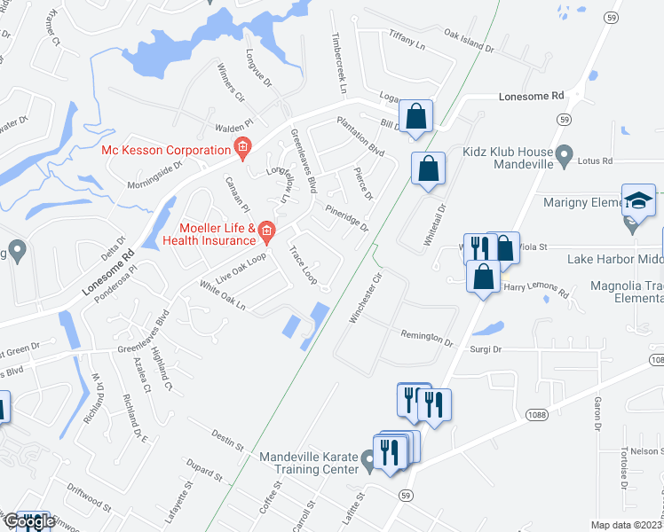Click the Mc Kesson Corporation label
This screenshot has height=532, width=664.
point(166,149)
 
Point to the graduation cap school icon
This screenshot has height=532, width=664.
point(638,201)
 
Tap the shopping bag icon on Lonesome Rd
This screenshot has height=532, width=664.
point(415,116)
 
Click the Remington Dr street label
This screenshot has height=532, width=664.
point(428,339)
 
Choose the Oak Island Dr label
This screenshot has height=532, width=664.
point(468,40)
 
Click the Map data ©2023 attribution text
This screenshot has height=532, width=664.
point(625,525)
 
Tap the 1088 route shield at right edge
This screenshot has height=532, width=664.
point(655,359)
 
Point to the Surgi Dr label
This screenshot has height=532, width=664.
point(486,349)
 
